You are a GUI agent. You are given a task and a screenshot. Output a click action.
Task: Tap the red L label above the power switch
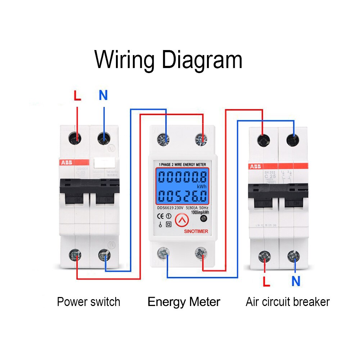tap(77, 96)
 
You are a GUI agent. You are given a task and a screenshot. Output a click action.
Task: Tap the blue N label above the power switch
tap(103, 95)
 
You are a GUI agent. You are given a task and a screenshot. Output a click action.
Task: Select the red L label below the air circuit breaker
tap(266, 281)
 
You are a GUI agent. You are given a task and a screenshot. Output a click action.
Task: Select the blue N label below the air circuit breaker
tap(296, 281)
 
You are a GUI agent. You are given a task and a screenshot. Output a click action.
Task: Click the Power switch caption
tap(89, 302)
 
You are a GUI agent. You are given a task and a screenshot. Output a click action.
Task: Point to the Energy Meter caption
tap(184, 302)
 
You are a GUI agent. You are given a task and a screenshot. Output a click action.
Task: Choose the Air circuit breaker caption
tap(288, 302)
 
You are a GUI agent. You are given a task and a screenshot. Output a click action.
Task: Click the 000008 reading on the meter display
tap(183, 177)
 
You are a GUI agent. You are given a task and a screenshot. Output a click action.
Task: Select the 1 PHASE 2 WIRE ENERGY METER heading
tap(183, 165)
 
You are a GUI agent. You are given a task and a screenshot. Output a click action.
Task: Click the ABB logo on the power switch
tap(66, 162)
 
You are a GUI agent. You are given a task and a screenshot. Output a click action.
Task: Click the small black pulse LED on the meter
tap(203, 219)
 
